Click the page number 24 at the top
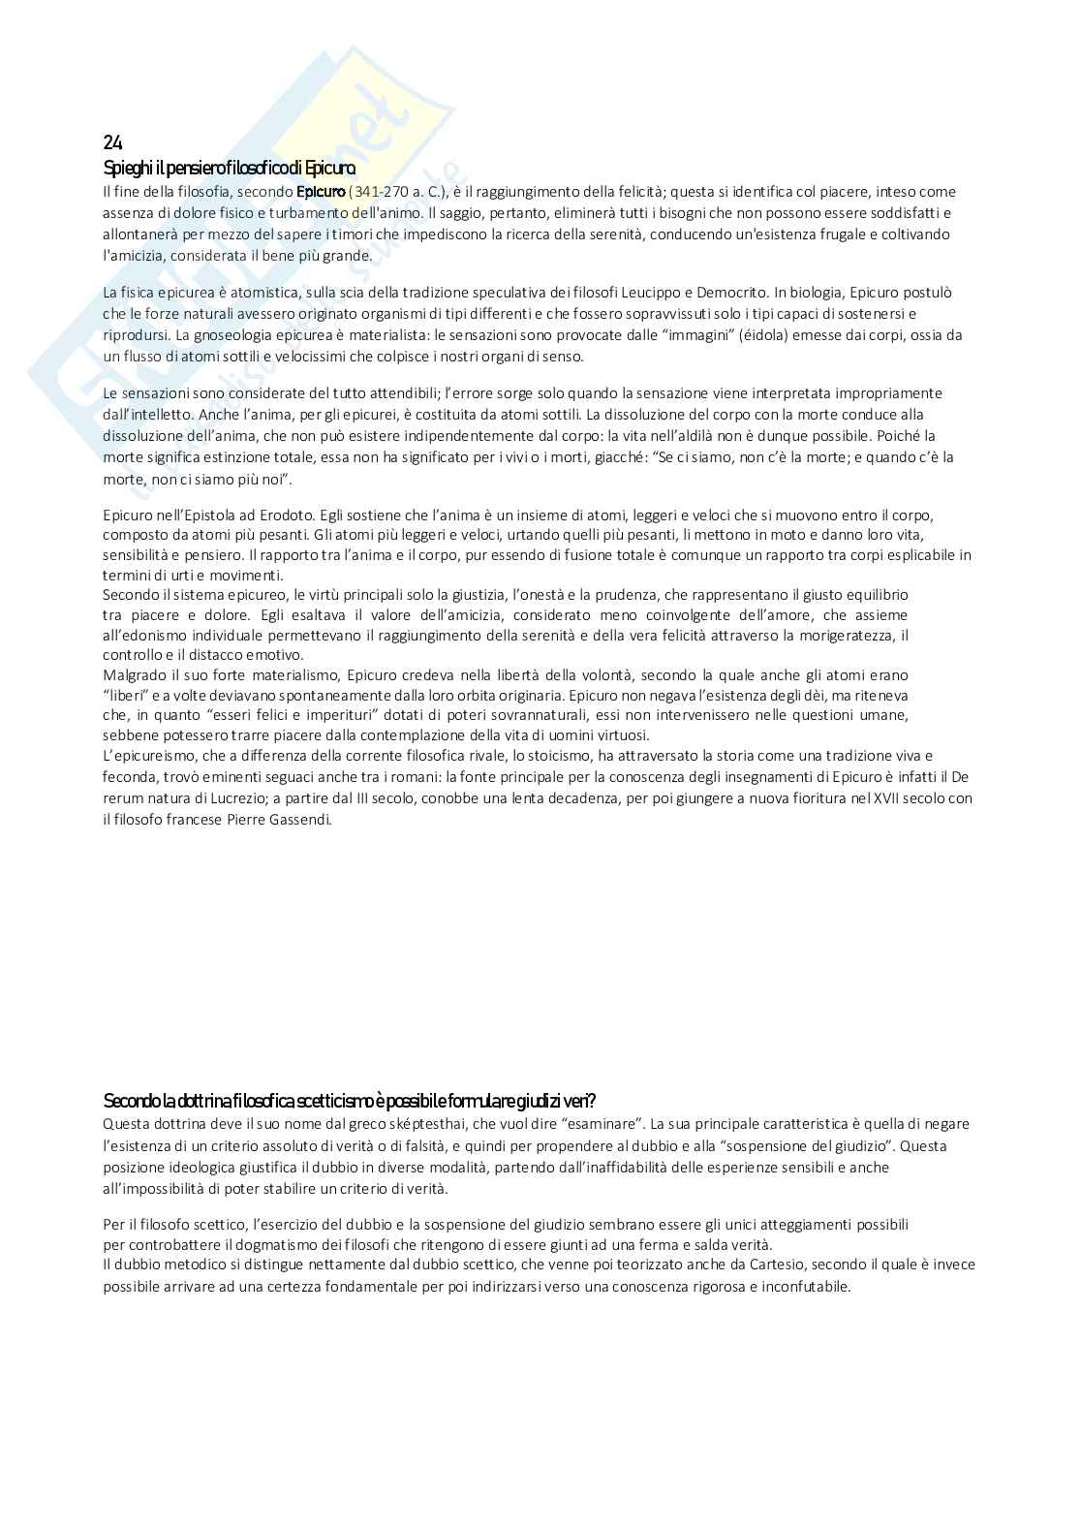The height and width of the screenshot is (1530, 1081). coord(112,143)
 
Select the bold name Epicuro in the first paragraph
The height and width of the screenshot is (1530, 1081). coord(320,192)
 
